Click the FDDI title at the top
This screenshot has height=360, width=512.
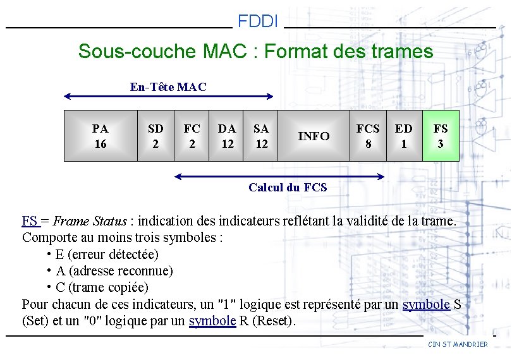pyautogui.click(x=258, y=21)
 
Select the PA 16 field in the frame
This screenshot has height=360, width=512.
pyautogui.click(x=101, y=136)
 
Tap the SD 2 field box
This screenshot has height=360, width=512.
pyautogui.click(x=155, y=136)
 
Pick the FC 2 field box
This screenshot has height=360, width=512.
pyautogui.click(x=192, y=136)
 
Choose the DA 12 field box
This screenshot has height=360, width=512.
pyautogui.click(x=227, y=136)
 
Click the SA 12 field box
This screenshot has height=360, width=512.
pyautogui.click(x=261, y=136)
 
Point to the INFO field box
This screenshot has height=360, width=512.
pyautogui.click(x=314, y=136)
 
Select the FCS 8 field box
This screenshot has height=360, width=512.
pyautogui.click(x=368, y=136)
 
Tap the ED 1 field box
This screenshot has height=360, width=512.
pyautogui.click(x=404, y=136)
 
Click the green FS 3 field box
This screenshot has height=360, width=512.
pyautogui.click(x=441, y=136)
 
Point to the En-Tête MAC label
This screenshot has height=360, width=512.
pyautogui.click(x=168, y=87)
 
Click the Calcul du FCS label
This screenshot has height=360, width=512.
pyautogui.click(x=288, y=187)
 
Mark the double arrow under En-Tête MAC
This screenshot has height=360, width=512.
pyautogui.click(x=169, y=97)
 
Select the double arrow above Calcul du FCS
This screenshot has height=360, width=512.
pyautogui.click(x=279, y=176)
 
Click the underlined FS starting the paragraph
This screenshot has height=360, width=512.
pyautogui.click(x=30, y=221)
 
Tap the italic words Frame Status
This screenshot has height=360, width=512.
pyautogui.click(x=90, y=221)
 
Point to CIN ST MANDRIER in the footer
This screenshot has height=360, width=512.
pyautogui.click(x=458, y=344)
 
